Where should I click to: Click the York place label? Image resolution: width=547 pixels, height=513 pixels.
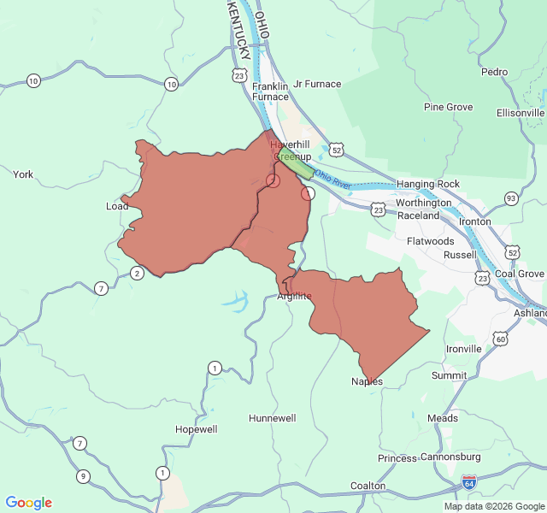click(x=23, y=174)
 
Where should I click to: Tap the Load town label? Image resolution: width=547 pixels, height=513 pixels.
click(x=116, y=206)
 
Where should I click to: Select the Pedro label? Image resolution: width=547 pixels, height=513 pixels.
click(x=494, y=73)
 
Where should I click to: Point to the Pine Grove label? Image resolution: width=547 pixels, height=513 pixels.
click(x=449, y=107)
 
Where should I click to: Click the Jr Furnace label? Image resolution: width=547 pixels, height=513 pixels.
click(x=317, y=84)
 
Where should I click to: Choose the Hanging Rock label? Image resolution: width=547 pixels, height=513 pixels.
click(x=428, y=184)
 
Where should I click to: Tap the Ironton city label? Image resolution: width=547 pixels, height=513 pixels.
click(x=475, y=221)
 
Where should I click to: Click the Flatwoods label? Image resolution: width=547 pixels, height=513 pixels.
click(x=431, y=241)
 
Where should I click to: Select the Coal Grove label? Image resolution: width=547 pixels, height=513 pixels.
click(x=519, y=274)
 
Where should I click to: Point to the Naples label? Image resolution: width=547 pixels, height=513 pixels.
click(x=367, y=381)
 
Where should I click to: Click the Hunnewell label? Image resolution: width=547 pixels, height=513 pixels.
click(x=272, y=418)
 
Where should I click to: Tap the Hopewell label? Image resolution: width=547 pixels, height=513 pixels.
click(x=196, y=429)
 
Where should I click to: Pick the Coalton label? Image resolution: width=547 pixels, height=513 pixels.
click(x=368, y=486)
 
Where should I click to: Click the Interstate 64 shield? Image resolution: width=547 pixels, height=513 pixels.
click(x=468, y=482)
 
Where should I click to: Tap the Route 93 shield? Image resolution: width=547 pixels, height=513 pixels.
click(x=511, y=198)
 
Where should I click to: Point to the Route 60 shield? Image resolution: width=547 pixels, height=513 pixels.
click(x=500, y=339)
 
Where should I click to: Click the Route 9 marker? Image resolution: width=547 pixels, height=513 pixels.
click(x=83, y=476)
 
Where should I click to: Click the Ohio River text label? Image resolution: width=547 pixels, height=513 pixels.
click(x=332, y=179)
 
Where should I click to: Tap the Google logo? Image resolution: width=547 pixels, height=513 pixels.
click(x=29, y=503)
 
